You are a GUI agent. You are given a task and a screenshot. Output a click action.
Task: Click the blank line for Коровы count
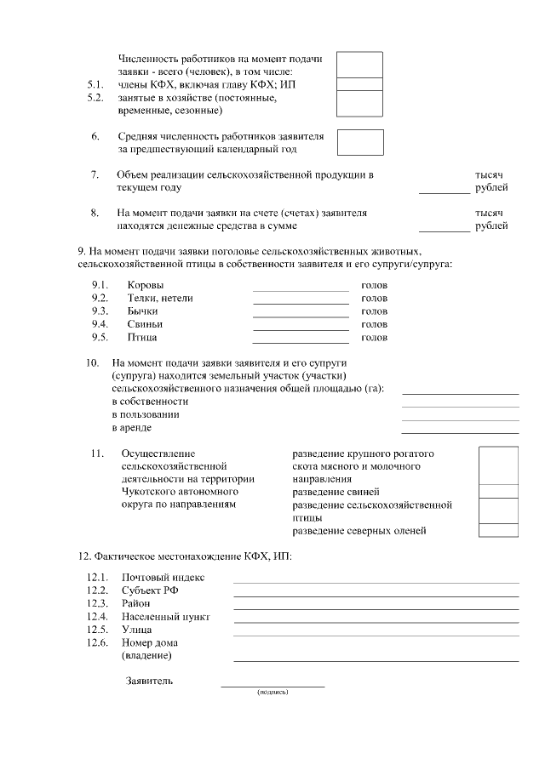301,290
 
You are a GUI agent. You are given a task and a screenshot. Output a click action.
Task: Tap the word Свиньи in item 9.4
144,324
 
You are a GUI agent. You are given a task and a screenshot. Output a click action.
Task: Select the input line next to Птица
301,343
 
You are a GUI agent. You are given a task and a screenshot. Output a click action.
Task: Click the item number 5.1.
95,85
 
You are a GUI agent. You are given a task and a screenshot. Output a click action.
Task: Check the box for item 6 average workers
360,142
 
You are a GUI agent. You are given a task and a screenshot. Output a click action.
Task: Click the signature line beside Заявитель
272,685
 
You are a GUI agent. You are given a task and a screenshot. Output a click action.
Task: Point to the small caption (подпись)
272,693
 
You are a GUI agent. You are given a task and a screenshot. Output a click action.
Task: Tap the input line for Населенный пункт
376,622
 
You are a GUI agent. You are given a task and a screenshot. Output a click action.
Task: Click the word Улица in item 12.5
137,630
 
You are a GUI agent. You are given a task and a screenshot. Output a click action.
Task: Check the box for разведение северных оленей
498,531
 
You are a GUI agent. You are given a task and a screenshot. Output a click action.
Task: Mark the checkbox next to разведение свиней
498,491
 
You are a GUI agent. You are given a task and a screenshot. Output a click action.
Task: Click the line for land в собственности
460,407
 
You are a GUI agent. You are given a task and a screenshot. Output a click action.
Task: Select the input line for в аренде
460,433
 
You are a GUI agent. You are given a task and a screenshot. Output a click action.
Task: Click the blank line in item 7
444,193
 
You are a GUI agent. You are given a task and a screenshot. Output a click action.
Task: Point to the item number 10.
94,363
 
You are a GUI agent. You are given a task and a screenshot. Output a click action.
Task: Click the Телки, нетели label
160,298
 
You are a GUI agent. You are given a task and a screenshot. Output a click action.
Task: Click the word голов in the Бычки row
374,311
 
